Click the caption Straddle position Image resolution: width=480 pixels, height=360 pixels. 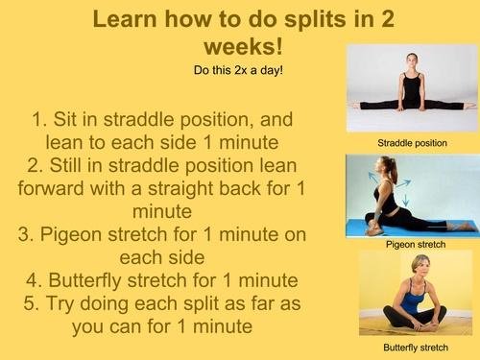click(413, 143)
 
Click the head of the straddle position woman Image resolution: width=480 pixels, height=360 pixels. click(412, 60)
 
